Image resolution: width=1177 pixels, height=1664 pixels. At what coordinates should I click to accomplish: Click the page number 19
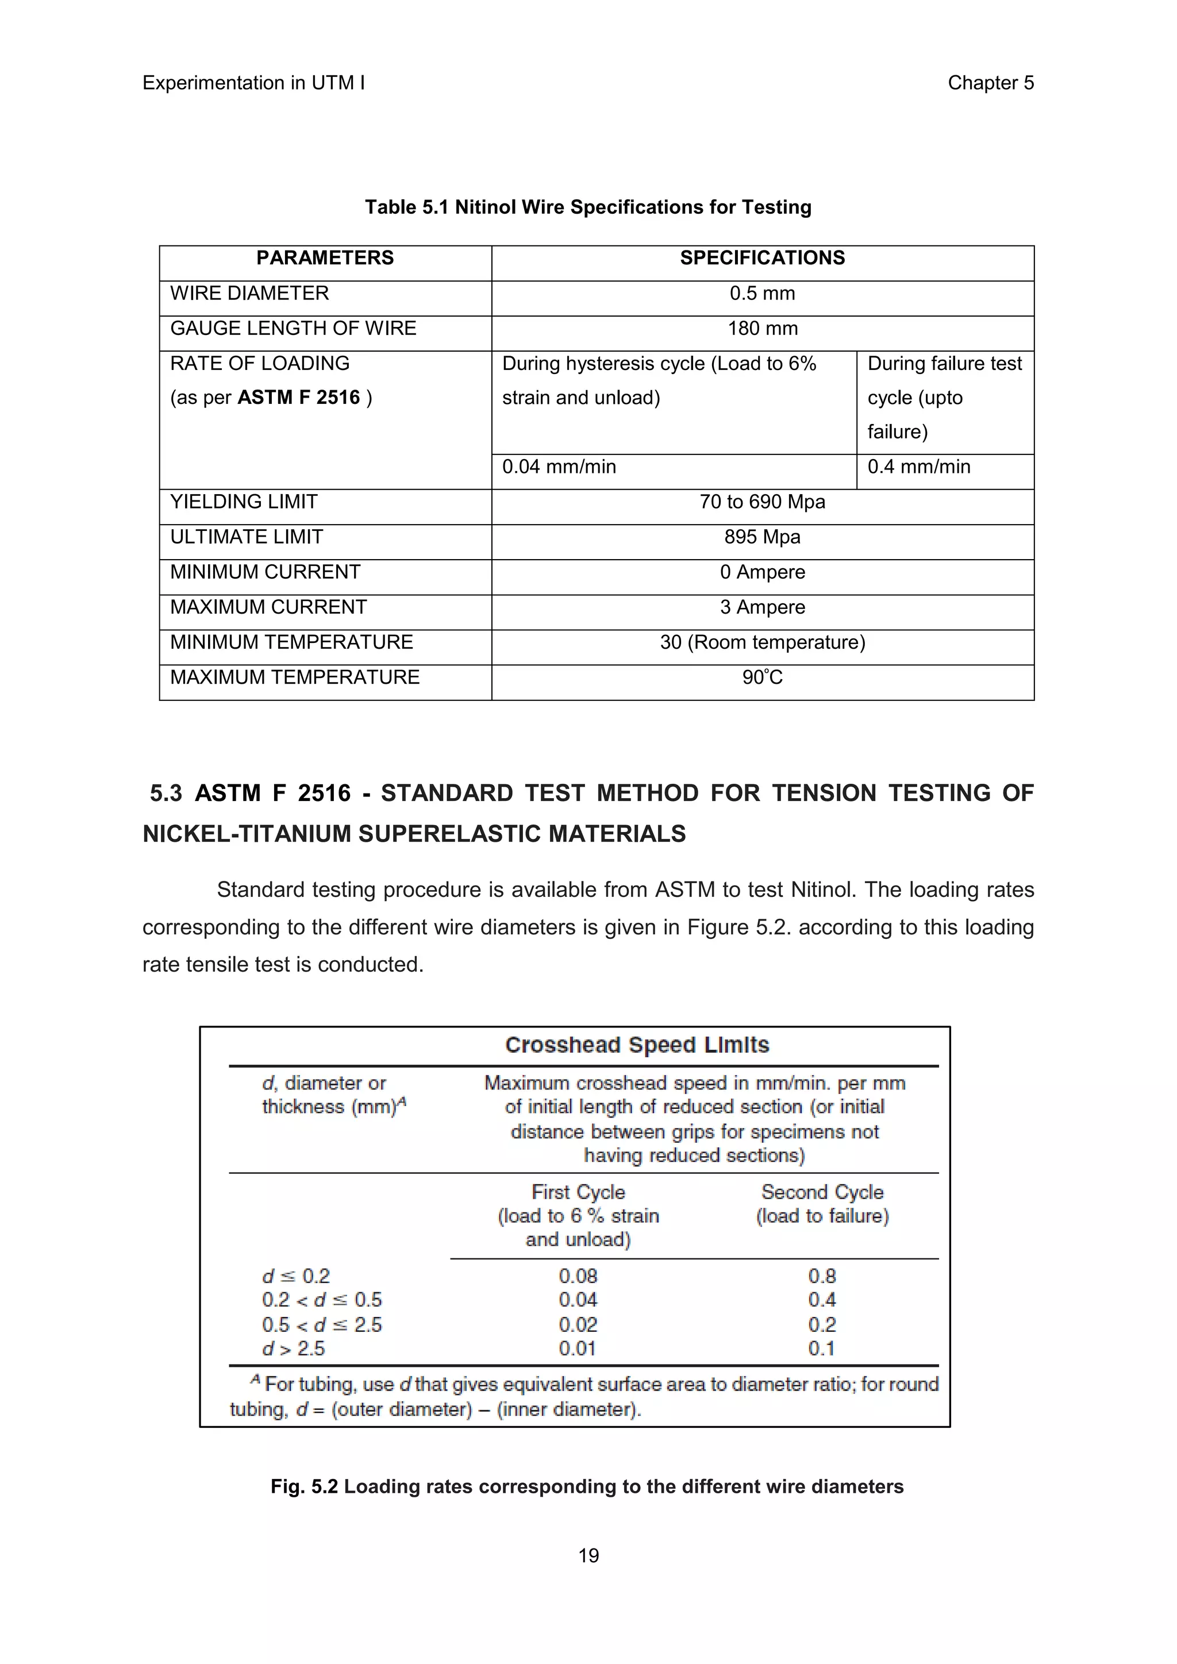[x=588, y=1555]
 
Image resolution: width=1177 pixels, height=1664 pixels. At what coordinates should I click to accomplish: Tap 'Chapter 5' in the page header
[x=990, y=83]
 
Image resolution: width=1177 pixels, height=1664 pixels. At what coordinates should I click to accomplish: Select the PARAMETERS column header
[x=325, y=258]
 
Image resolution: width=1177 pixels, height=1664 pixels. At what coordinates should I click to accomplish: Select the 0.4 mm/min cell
[x=918, y=467]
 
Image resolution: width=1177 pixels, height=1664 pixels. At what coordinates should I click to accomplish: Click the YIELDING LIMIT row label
[x=244, y=502]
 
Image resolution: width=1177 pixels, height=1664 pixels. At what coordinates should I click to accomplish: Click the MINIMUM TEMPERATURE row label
[x=291, y=642]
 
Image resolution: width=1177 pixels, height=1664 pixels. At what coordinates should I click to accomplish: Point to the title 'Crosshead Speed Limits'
[x=636, y=1045]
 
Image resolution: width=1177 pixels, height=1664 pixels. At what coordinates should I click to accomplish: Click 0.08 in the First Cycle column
[x=578, y=1276]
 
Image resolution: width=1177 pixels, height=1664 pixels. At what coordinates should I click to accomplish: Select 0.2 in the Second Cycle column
[x=822, y=1325]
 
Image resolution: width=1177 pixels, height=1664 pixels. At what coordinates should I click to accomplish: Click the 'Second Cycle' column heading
[x=822, y=1192]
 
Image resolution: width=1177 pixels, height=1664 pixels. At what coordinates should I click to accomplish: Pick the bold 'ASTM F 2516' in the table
[x=299, y=398]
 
